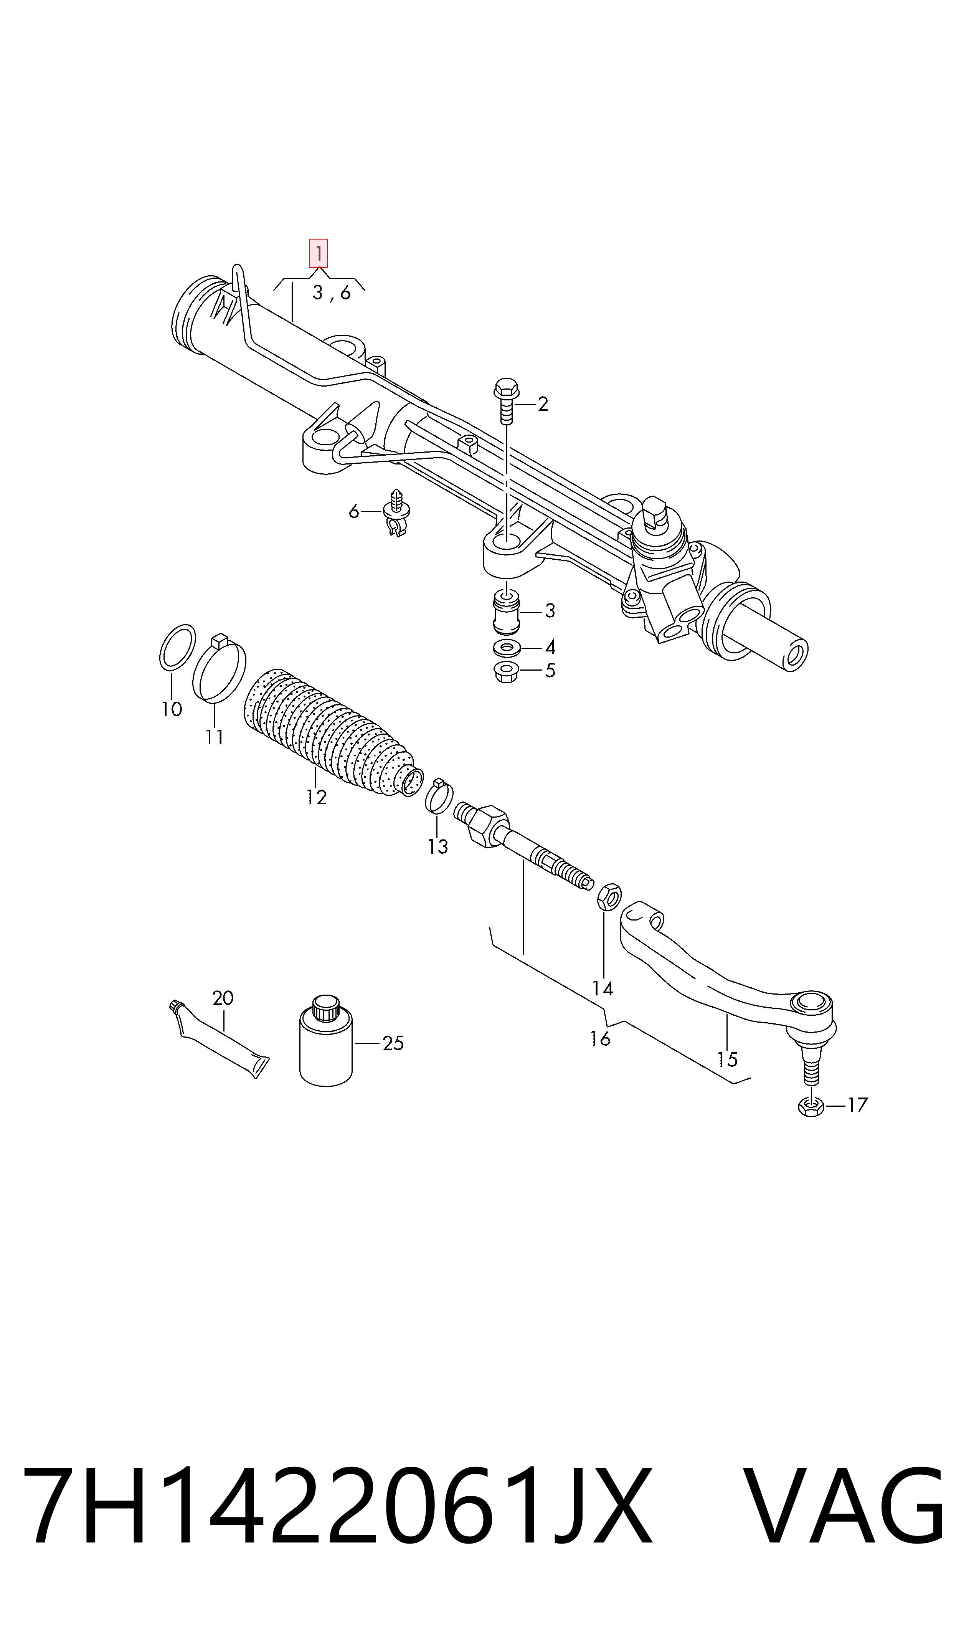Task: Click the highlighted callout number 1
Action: [318, 253]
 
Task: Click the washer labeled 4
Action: [507, 648]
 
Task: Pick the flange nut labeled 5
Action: [507, 672]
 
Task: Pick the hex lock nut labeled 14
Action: [609, 898]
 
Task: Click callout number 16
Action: [600, 1038]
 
